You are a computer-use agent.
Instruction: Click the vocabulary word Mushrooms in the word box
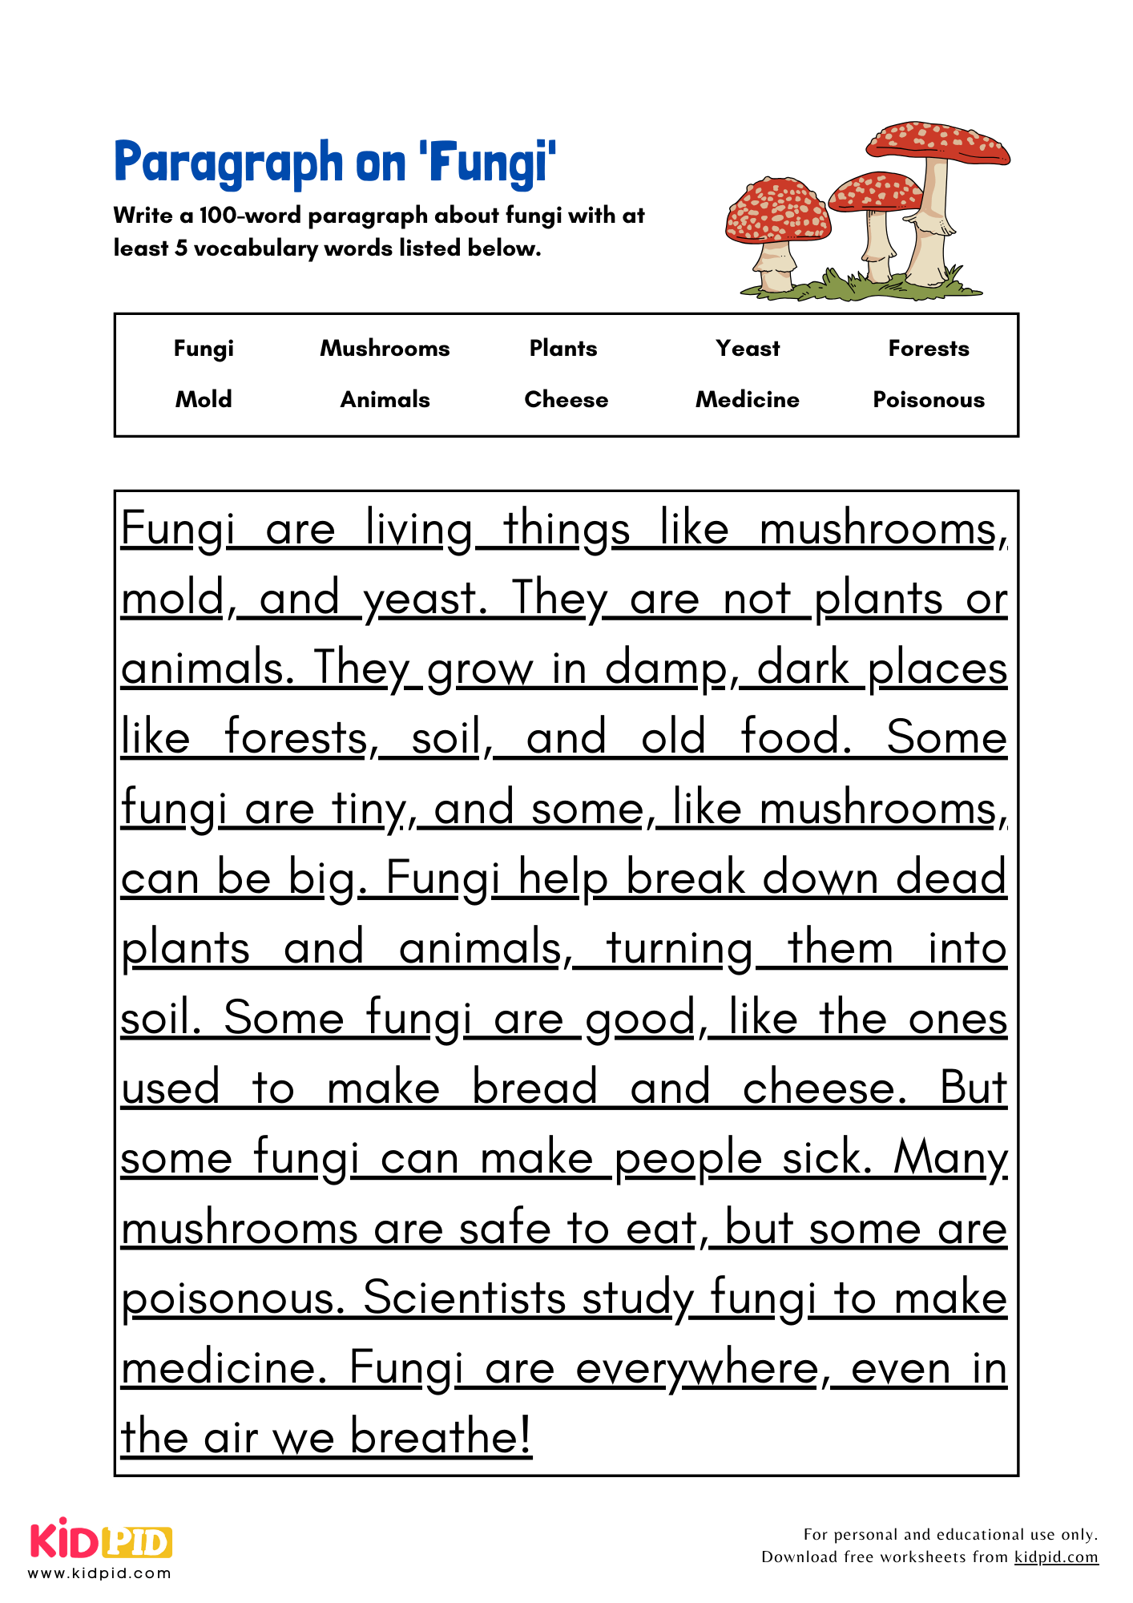point(385,348)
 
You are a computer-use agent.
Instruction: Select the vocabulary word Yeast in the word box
point(748,348)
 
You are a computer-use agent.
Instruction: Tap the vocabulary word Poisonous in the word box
point(929,399)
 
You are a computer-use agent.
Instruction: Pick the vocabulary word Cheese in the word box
point(566,399)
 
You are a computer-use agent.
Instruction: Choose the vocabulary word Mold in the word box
point(204,399)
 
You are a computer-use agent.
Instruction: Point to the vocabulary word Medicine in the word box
point(748,399)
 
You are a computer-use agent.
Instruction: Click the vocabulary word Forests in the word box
point(929,348)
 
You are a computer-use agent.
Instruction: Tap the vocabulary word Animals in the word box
point(385,399)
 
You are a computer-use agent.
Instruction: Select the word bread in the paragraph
point(534,1088)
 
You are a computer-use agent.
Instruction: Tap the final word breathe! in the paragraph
point(441,1436)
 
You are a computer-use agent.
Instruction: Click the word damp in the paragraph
point(668,668)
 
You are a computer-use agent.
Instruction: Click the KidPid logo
point(101,1543)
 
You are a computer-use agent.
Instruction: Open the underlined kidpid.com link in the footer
point(1056,1557)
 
